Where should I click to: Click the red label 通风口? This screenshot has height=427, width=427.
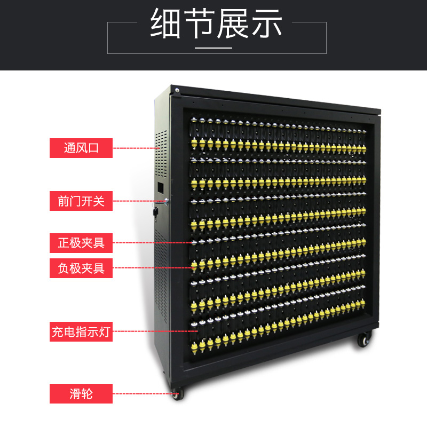81,148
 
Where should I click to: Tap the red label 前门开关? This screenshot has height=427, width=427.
81,201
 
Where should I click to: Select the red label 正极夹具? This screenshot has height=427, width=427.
81,243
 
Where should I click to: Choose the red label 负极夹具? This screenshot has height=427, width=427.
81,268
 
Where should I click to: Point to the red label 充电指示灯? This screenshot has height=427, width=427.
81,331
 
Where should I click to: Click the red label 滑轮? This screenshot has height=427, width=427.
81,394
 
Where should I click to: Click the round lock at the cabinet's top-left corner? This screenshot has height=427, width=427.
177,90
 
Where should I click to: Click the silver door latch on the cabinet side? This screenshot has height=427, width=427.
166,201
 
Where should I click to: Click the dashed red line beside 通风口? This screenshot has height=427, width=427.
136,148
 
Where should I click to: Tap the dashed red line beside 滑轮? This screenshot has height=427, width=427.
144,394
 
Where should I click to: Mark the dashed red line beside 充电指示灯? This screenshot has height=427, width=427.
155,331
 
